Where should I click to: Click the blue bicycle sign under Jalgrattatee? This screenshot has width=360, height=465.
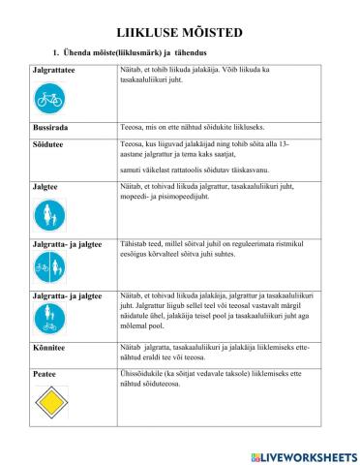click(49, 98)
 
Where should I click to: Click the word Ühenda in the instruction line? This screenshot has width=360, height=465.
click(69, 51)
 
